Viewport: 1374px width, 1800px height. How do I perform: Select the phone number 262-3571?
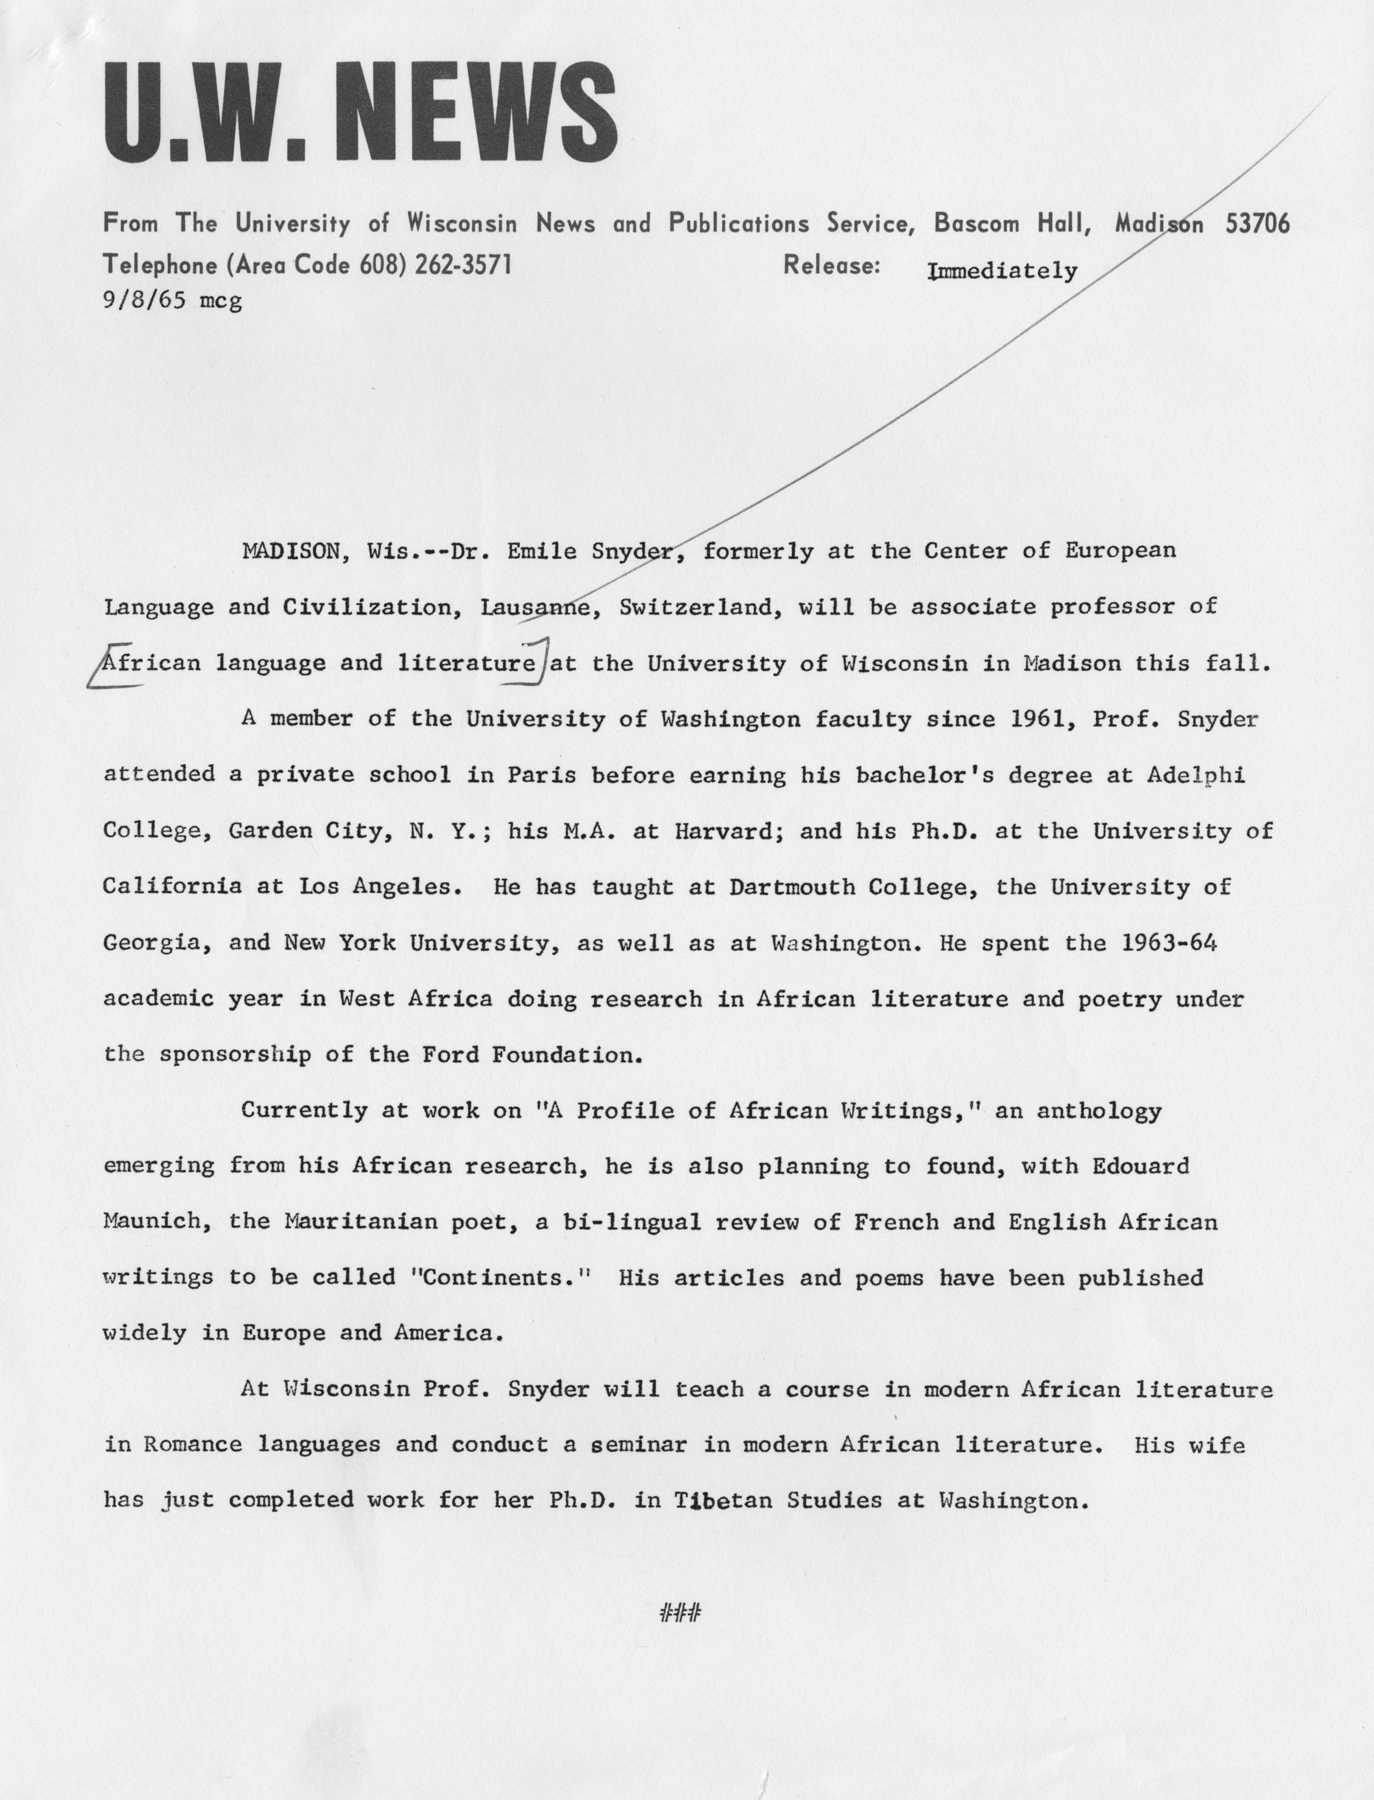[463, 264]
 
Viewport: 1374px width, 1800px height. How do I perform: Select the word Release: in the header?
[831, 264]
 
